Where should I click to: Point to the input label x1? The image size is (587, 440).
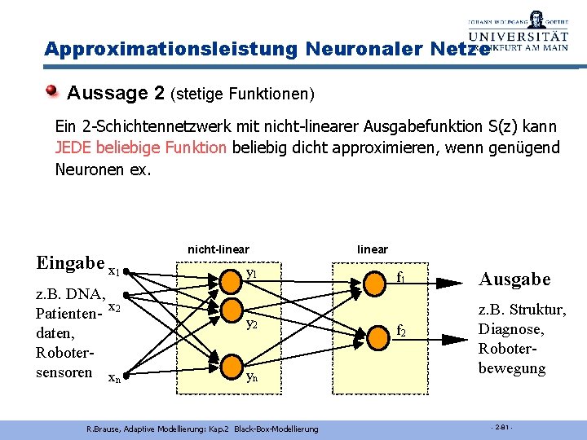point(114,271)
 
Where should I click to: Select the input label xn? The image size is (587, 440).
point(114,378)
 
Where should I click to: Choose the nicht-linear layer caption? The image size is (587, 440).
point(218,249)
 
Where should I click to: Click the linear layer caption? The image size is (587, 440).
point(373,249)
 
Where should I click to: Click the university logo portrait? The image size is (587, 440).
point(536,20)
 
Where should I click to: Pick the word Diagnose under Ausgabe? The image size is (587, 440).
point(511,329)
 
